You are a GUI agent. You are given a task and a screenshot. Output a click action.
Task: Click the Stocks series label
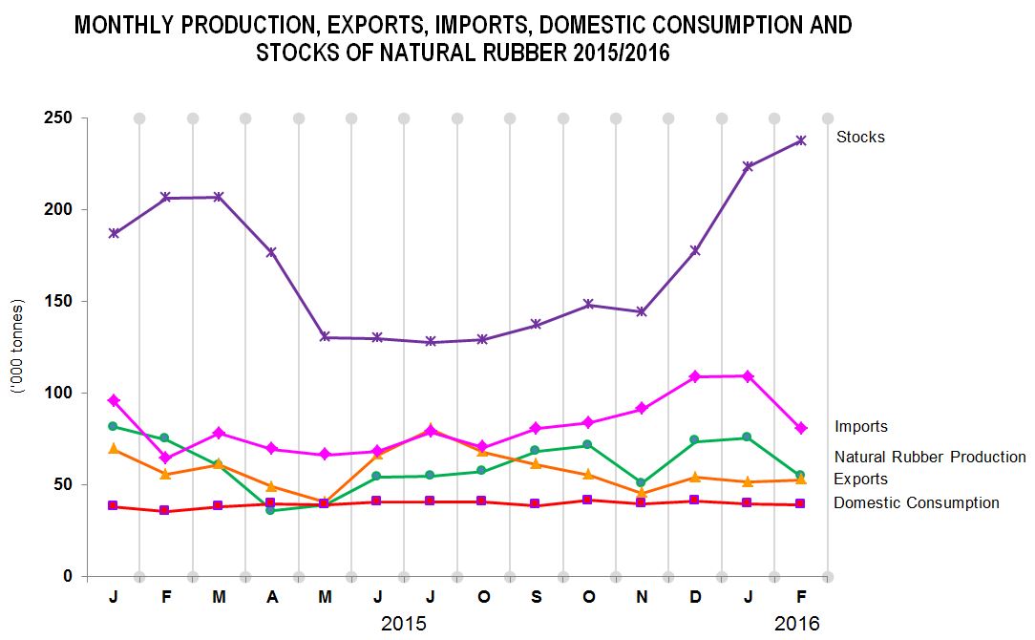coord(860,137)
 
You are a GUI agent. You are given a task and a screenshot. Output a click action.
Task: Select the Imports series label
coord(860,427)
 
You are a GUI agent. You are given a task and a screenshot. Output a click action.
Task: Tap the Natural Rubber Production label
coord(930,457)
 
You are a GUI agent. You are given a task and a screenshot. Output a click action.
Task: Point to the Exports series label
coord(860,480)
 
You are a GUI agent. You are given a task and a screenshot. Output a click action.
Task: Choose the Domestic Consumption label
coord(917,503)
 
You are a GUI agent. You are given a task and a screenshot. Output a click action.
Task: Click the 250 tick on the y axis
coord(60,117)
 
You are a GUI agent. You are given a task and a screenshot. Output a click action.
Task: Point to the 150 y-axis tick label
coord(60,301)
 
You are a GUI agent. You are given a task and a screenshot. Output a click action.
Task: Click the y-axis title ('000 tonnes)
coord(18,347)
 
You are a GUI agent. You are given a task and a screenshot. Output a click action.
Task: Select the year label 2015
coord(404,624)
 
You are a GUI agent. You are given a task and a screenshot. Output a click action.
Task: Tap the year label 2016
coord(797,624)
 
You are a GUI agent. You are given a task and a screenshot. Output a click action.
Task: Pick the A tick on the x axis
coord(272,598)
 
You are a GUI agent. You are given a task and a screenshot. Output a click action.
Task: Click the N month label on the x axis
coord(642,598)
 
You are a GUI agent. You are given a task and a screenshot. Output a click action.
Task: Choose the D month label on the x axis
coord(694,598)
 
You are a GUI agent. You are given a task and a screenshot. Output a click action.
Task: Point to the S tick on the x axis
coord(536,598)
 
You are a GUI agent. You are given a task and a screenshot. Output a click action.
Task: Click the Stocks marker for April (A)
coord(271,252)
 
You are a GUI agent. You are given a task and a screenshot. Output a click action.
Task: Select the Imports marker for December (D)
coord(694,376)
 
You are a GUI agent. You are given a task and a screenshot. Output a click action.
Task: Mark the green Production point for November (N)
coord(642,483)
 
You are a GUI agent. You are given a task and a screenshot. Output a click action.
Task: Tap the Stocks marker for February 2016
coord(801,140)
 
